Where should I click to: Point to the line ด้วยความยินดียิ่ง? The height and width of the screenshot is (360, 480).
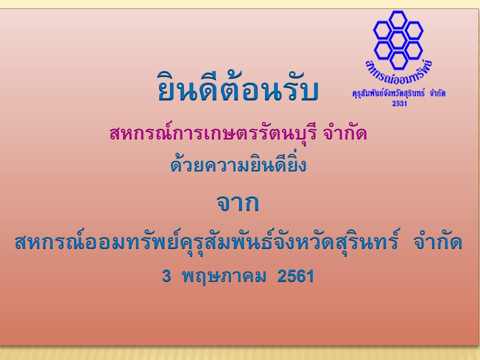(x=238, y=164)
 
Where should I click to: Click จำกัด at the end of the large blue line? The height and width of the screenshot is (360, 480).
(x=437, y=242)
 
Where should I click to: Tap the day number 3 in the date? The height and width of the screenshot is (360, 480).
(x=166, y=276)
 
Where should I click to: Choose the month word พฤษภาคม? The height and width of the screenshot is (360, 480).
(x=224, y=276)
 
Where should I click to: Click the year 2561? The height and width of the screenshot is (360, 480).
(x=295, y=276)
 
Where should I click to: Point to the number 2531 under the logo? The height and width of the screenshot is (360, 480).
(x=399, y=103)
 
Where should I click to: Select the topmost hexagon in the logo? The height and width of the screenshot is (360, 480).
(x=398, y=20)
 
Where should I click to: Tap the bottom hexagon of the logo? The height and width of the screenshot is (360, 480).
(x=398, y=60)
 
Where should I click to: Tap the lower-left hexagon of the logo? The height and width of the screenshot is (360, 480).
(x=383, y=50)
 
